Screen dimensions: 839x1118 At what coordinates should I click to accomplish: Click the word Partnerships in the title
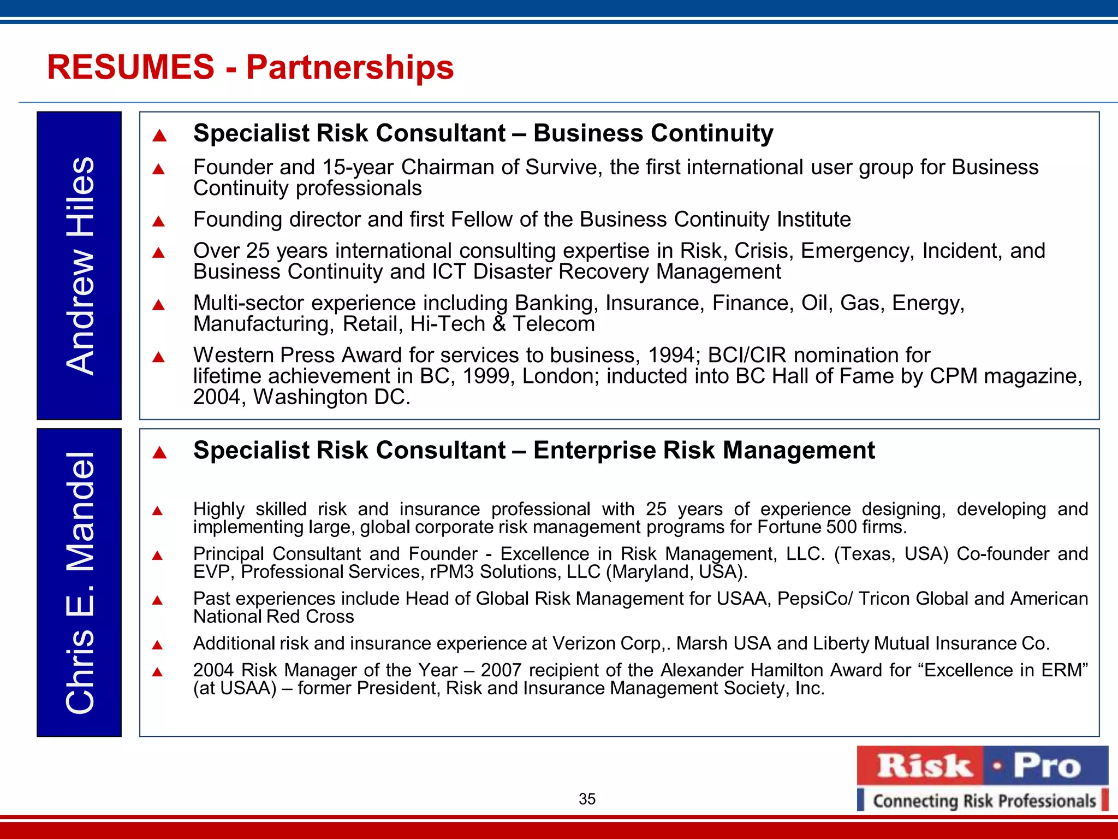350,67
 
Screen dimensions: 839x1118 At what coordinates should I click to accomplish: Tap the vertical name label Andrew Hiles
80,265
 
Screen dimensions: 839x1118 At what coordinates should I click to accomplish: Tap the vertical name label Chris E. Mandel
80,582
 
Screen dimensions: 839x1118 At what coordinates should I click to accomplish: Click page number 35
587,799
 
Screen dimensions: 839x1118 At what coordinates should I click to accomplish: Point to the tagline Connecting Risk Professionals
984,801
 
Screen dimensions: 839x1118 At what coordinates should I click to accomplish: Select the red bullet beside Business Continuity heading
159,135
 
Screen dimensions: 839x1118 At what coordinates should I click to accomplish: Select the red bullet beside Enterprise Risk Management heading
159,452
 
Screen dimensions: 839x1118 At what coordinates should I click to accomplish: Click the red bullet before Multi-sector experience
159,305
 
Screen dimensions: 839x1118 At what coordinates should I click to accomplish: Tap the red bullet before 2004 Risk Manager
158,672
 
